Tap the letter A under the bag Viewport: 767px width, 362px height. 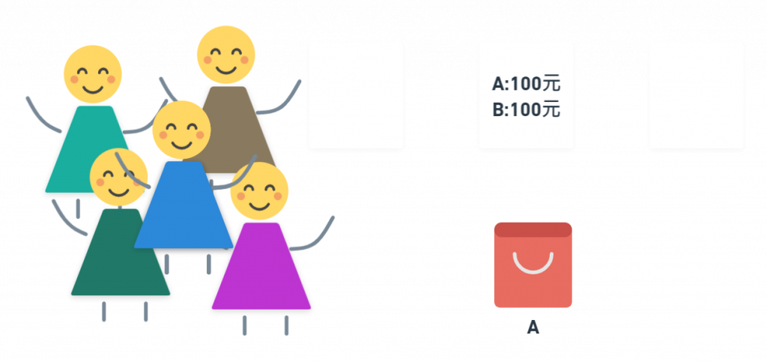click(533, 327)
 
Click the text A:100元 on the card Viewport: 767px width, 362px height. click(526, 84)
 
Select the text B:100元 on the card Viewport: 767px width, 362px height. click(526, 109)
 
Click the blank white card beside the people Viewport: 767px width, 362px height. click(356, 95)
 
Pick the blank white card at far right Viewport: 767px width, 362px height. click(696, 95)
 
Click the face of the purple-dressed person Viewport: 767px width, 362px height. click(259, 192)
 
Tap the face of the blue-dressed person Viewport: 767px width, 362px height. click(181, 130)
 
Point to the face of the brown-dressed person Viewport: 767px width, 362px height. click(225, 55)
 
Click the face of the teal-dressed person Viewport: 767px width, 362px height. click(92, 74)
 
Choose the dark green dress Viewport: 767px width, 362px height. click(121, 259)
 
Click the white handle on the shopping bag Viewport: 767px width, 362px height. click(533, 262)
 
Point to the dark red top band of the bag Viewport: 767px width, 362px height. click(533, 229)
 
